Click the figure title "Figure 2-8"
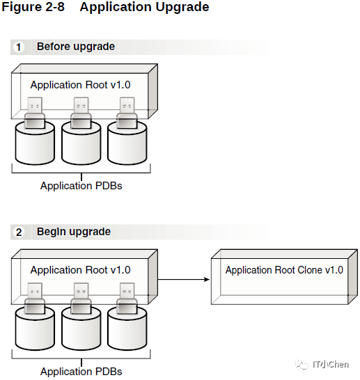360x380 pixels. tap(33, 6)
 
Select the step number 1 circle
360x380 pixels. tap(19, 47)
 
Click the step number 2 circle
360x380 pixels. tap(19, 232)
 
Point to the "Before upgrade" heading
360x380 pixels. tap(76, 47)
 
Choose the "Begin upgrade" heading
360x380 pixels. tap(74, 232)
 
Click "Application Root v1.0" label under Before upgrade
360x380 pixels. tap(80, 85)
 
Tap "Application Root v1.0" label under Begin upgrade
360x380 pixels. tap(80, 270)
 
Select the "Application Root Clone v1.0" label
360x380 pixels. tap(284, 270)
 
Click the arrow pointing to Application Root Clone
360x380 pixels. tap(184, 280)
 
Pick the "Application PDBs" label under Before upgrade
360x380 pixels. tap(81, 186)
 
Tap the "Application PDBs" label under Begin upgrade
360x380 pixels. tap(81, 372)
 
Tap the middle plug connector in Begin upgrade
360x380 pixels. tap(81, 299)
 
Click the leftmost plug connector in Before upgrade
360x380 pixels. tap(35, 113)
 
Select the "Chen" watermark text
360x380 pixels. tap(339, 364)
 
